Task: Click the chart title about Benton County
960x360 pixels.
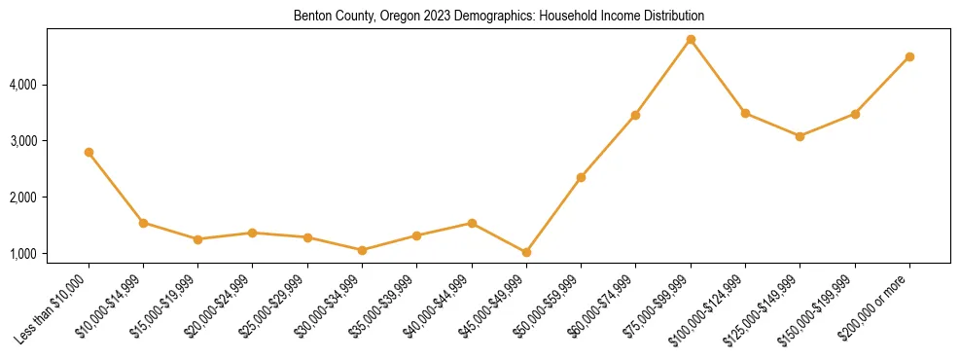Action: click(499, 17)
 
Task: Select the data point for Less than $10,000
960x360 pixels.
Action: click(89, 152)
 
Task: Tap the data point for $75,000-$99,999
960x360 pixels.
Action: click(691, 40)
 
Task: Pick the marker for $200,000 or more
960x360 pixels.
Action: click(909, 56)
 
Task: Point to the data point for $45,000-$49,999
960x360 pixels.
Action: click(526, 252)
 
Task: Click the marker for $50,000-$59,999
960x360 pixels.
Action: click(581, 177)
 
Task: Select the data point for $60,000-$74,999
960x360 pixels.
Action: click(635, 115)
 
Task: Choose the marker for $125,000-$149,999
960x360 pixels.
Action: click(800, 136)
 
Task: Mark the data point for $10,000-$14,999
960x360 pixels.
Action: click(143, 223)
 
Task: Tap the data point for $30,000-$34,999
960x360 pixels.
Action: click(362, 250)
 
